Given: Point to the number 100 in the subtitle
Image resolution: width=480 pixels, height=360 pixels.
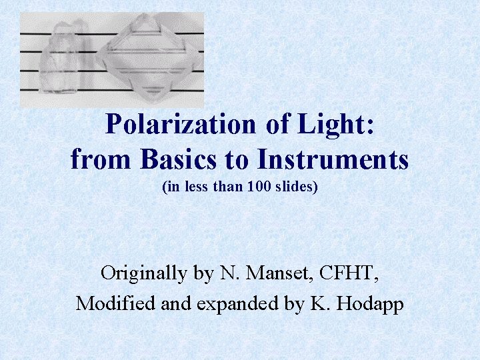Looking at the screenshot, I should coord(259,188).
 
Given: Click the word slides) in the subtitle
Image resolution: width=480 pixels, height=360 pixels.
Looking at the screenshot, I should coord(297,188).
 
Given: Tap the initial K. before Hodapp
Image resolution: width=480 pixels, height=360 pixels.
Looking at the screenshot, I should coord(321,303).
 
